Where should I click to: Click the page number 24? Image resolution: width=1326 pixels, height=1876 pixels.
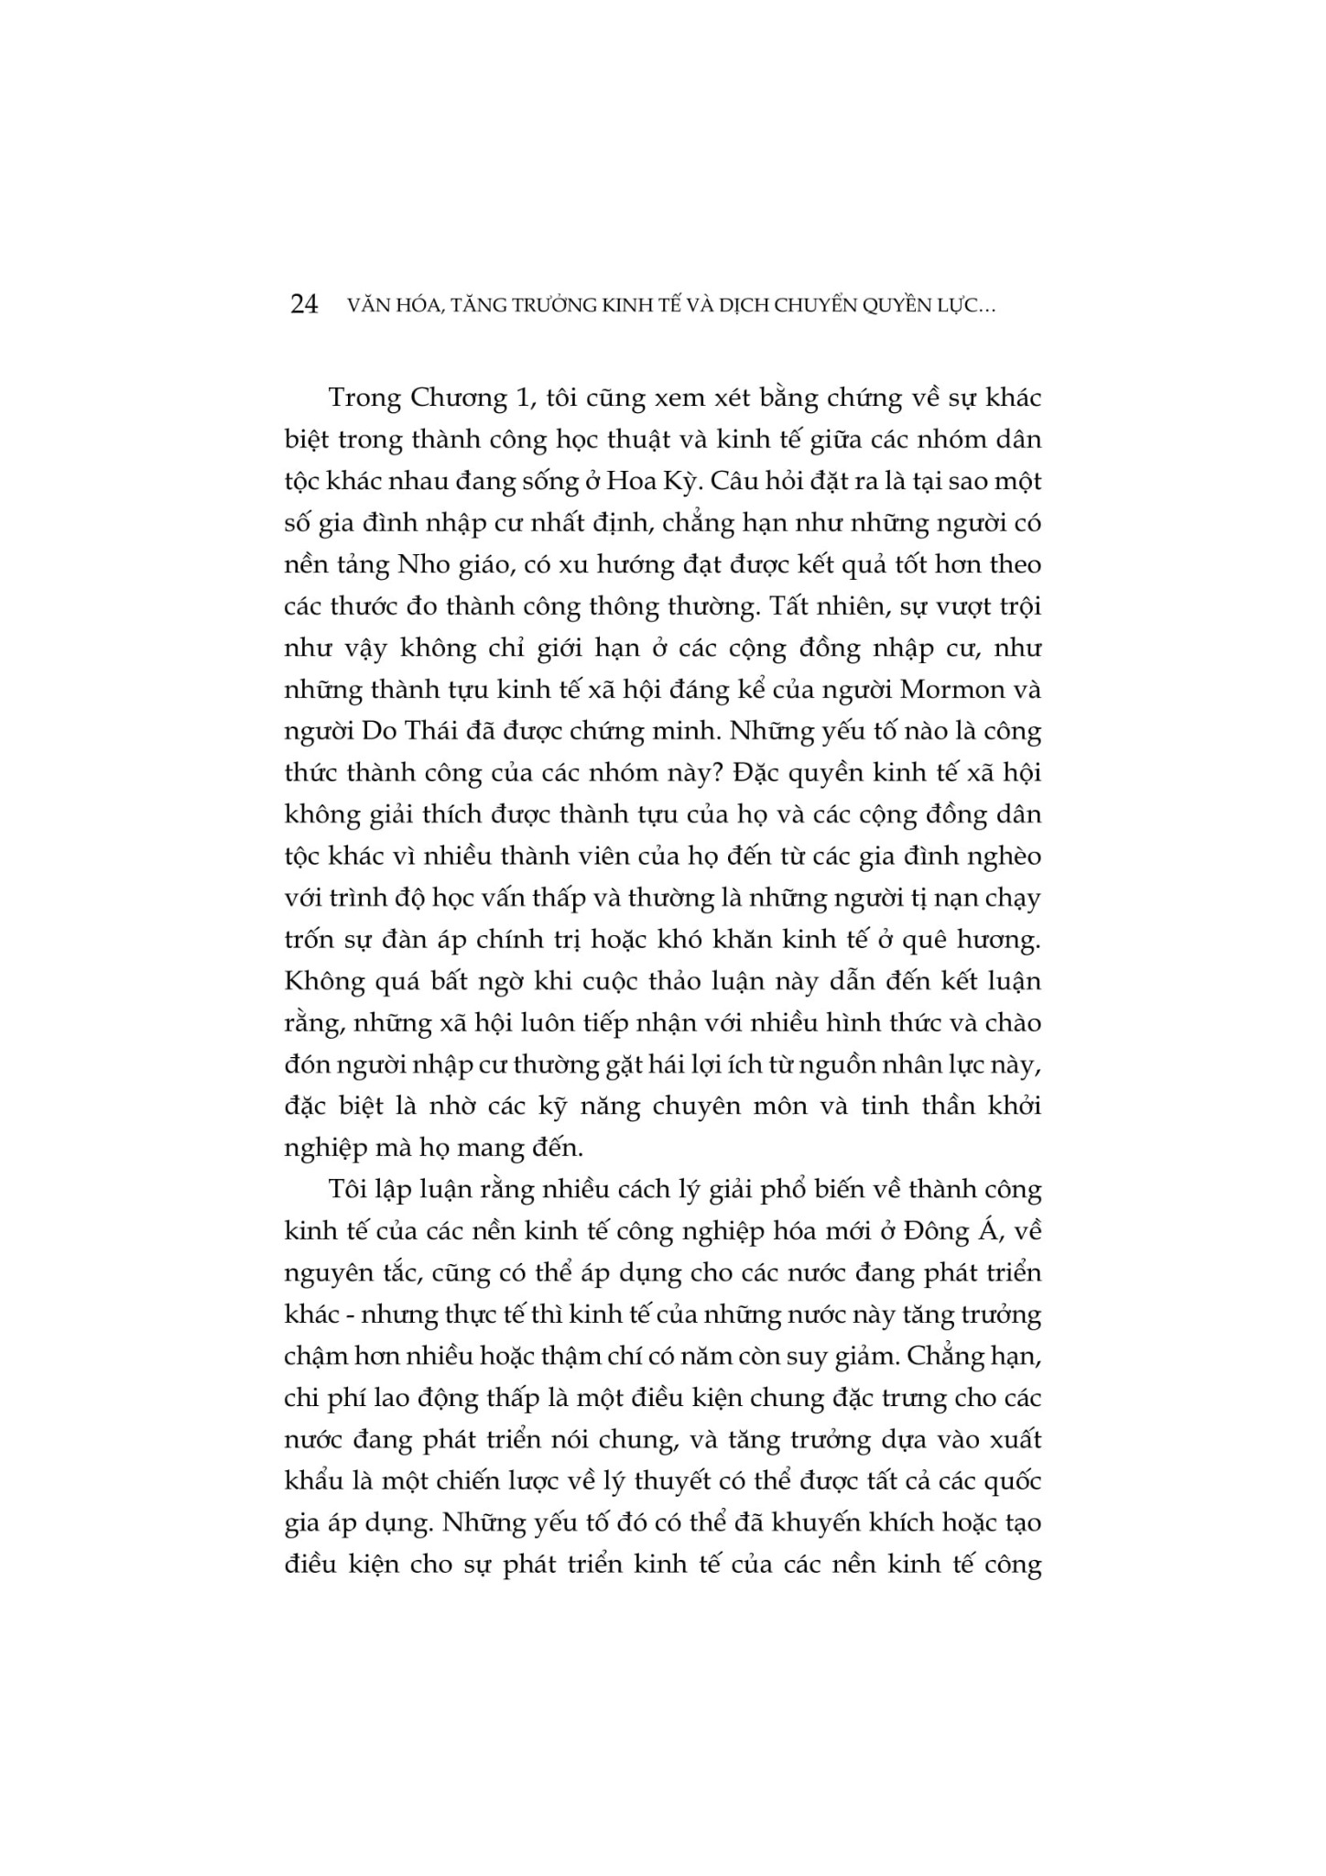click(x=303, y=306)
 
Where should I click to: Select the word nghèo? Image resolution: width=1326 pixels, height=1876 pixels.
click(x=1006, y=856)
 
